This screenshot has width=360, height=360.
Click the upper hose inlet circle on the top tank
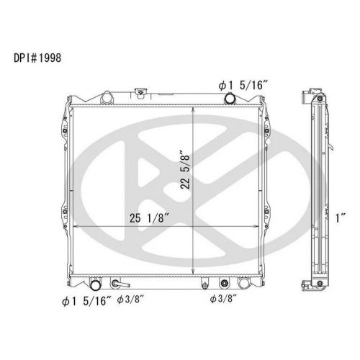coord(229,99)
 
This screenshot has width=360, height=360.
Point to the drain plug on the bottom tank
coord(205,282)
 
